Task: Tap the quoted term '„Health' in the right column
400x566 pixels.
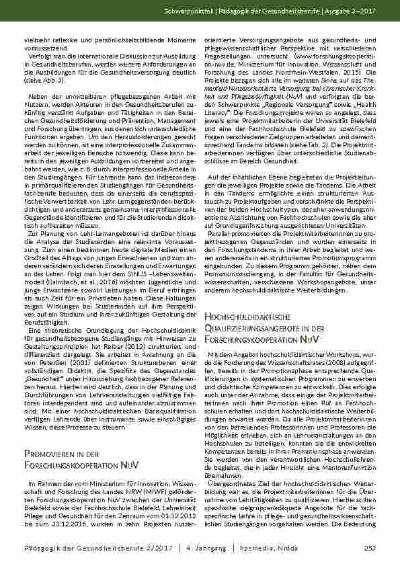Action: (365, 107)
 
